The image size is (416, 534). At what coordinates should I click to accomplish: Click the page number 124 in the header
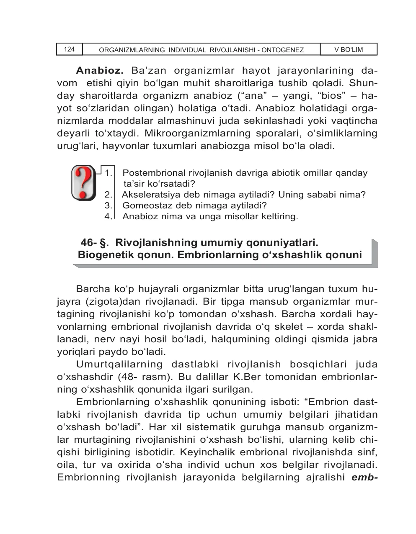pos(69,49)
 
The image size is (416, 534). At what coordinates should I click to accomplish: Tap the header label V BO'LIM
pos(348,49)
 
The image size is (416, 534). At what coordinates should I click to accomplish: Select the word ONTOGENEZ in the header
pos(283,50)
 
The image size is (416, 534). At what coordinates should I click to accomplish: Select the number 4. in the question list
pos(109,216)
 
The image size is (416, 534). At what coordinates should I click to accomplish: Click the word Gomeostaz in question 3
pos(142,205)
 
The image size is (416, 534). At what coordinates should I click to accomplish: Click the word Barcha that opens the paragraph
pos(93,289)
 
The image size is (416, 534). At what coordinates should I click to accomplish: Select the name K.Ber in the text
pos(247,377)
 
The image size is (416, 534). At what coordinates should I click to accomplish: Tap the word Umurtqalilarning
pos(119,365)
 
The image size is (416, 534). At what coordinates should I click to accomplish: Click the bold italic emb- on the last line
pos(364,477)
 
